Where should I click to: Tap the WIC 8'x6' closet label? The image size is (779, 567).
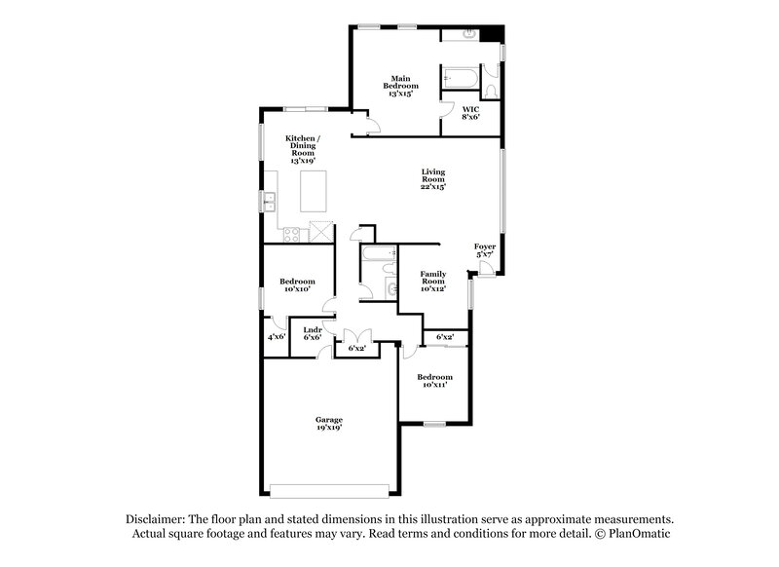pyautogui.click(x=469, y=112)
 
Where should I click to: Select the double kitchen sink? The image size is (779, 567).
pyautogui.click(x=269, y=202)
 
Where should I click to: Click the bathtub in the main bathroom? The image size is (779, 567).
pyautogui.click(x=459, y=77)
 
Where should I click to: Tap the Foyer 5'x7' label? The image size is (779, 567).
pyautogui.click(x=484, y=251)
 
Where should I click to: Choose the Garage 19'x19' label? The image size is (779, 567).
pyautogui.click(x=328, y=423)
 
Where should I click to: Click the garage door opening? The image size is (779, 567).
pyautogui.click(x=334, y=490)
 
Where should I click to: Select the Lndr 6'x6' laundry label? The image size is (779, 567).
pyautogui.click(x=313, y=333)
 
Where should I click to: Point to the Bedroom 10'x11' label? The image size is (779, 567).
pyautogui.click(x=434, y=381)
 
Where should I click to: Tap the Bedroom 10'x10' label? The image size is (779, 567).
pyautogui.click(x=296, y=286)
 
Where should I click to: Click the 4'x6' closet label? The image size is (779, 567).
pyautogui.click(x=276, y=336)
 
